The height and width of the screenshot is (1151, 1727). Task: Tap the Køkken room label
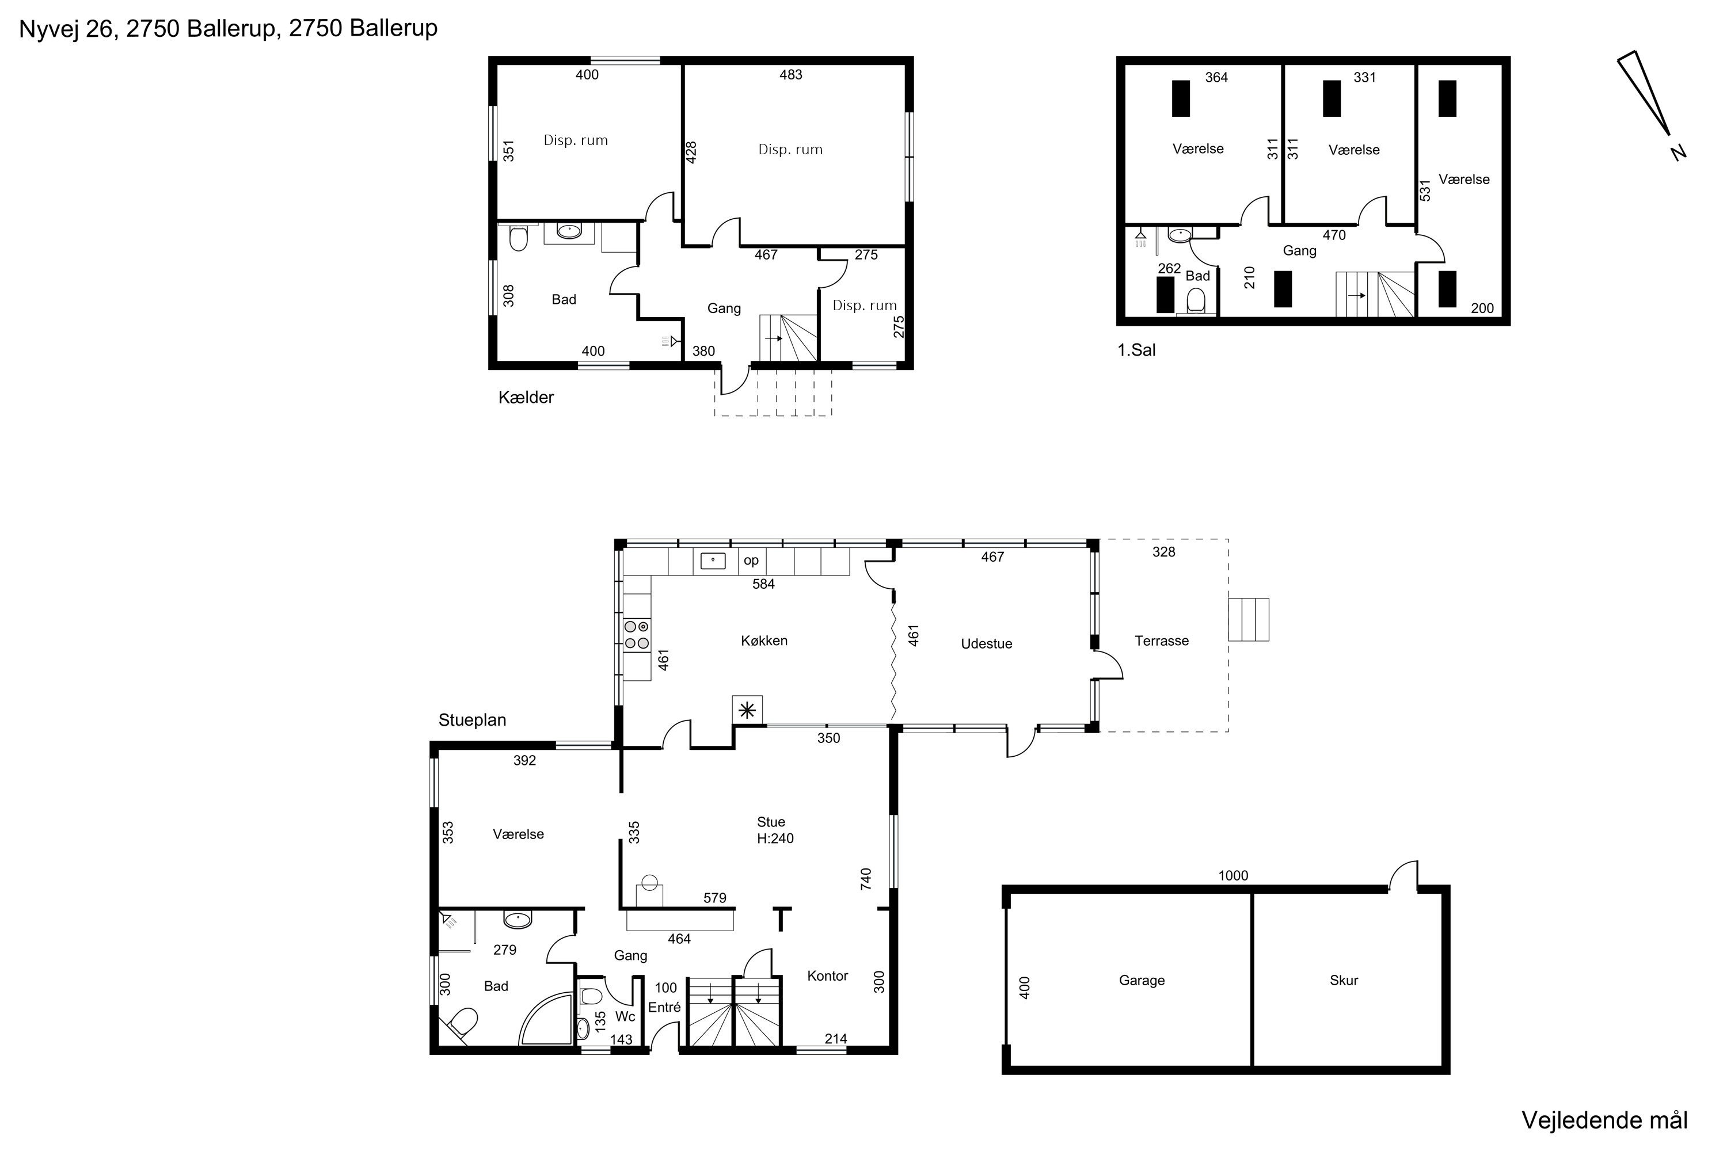[764, 641]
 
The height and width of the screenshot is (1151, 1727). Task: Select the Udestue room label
[986, 644]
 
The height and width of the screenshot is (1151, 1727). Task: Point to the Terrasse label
[1162, 641]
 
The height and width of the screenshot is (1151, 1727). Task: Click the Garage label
[1142, 980]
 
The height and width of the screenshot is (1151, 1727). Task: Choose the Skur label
[1344, 980]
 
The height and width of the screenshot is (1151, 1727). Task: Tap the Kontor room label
[828, 975]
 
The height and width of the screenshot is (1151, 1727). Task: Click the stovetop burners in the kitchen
[637, 635]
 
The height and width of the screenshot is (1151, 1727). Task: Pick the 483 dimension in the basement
[791, 74]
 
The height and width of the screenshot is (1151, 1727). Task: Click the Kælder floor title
[526, 397]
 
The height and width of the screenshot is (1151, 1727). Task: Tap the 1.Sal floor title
[1136, 350]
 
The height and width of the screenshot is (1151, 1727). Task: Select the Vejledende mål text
[1604, 1120]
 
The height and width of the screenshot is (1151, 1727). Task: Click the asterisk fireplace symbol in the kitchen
[747, 710]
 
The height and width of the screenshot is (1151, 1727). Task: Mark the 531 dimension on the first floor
[1425, 190]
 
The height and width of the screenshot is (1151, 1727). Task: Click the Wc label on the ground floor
[625, 1017]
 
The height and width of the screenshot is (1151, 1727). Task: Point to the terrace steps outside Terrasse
[1248, 620]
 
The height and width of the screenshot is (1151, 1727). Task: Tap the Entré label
[664, 1007]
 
